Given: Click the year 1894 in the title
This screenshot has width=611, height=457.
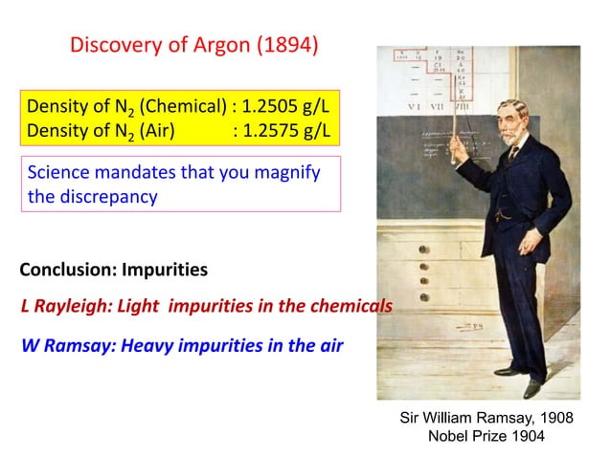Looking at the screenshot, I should coord(292,45).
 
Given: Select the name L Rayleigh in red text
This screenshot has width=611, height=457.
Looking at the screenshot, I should coord(63,307).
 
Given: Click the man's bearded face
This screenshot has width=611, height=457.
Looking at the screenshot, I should coord(514,120).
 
